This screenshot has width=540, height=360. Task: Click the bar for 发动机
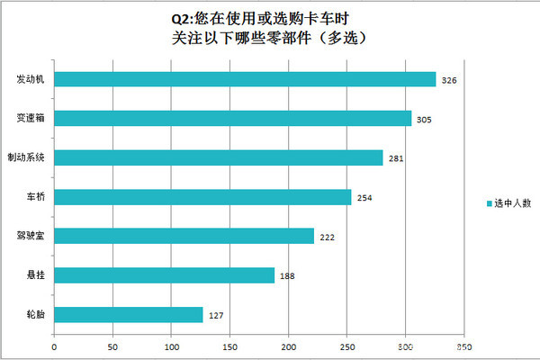(245, 79)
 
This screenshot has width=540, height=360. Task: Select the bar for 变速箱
(232, 118)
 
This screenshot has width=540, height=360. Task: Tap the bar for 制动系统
(219, 157)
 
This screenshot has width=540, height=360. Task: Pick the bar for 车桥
(202, 196)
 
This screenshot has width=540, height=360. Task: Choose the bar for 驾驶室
(184, 236)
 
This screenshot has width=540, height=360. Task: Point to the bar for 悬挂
(164, 275)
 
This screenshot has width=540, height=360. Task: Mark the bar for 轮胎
(129, 314)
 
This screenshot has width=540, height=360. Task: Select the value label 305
(425, 120)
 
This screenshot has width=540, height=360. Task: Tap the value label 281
(396, 159)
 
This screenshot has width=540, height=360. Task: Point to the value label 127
(216, 316)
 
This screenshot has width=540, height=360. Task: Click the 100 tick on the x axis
(171, 346)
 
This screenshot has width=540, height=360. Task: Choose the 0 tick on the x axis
(54, 346)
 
